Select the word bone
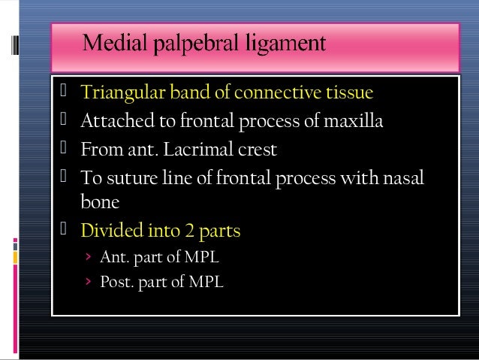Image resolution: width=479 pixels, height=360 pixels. click(98, 202)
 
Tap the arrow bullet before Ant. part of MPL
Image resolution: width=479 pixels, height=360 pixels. click(88, 258)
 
